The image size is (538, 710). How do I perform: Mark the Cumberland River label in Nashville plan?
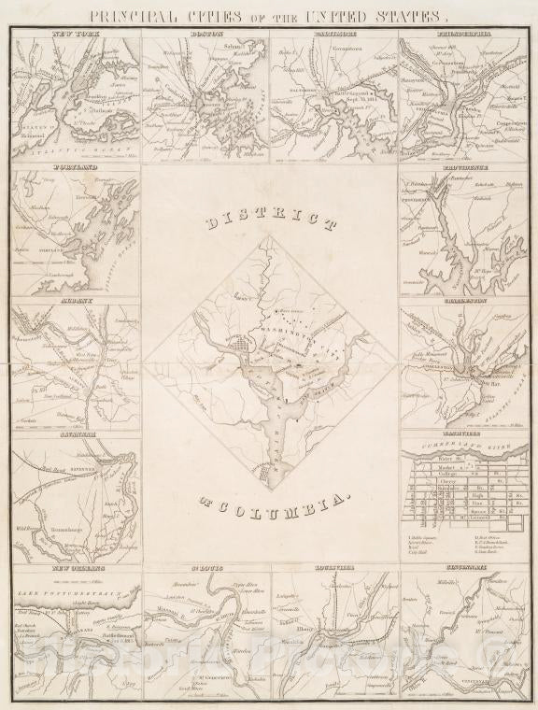click(x=463, y=449)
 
